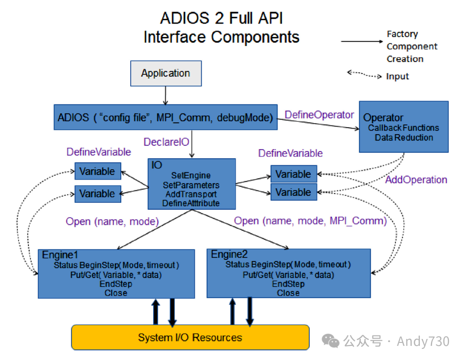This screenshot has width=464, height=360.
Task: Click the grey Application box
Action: point(166,73)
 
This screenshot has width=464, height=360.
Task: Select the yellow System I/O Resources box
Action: point(190,337)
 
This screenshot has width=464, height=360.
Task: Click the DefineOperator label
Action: point(319,115)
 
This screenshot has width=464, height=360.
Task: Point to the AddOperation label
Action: point(416,180)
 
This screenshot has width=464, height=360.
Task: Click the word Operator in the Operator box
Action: point(383,118)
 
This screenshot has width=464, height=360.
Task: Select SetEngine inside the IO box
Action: point(191,175)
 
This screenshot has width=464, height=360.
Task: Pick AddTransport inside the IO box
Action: point(191,194)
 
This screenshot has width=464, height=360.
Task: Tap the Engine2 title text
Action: point(229,254)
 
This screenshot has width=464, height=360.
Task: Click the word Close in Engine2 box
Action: point(288,293)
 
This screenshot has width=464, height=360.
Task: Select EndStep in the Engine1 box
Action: point(116,284)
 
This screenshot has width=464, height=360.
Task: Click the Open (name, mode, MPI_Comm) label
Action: point(310,221)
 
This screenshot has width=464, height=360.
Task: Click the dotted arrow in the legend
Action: point(364,75)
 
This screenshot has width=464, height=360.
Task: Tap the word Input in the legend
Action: point(397,76)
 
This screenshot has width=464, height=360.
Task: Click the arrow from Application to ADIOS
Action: point(165,95)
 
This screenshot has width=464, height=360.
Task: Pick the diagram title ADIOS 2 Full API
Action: point(221,18)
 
